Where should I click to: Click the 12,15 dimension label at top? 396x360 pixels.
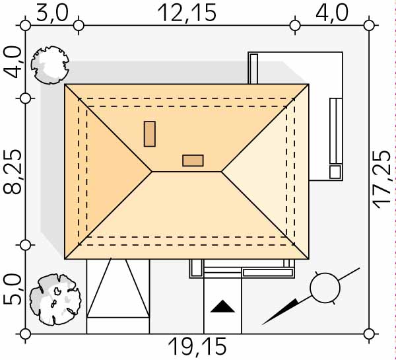[187, 13]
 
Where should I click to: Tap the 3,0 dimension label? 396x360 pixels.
[52, 13]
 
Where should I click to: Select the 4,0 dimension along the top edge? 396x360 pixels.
[332, 13]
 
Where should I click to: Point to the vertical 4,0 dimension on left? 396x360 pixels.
[12, 61]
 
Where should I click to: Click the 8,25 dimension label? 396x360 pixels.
[12, 172]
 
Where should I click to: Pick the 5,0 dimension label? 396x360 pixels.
[12, 289]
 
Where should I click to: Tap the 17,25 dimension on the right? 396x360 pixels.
[382, 180]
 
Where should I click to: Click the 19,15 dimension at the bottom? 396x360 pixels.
[197, 347]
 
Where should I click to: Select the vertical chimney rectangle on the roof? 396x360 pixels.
[150, 133]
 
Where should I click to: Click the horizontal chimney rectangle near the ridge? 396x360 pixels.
[193, 161]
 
